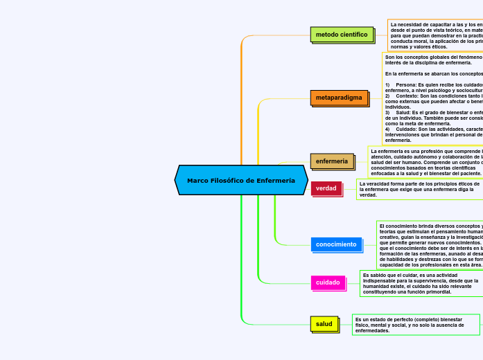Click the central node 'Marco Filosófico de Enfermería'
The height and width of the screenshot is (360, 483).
241,180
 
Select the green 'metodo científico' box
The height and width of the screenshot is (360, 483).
342,34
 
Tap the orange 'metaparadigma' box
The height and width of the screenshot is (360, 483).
339,98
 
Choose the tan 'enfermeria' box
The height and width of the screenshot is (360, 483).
332,161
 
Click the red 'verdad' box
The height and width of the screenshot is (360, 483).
326,188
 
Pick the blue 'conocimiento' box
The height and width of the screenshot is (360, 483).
336,244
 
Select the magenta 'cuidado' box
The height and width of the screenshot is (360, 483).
328,282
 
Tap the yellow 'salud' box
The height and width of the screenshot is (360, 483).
324,323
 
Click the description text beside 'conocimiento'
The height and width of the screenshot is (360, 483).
430,245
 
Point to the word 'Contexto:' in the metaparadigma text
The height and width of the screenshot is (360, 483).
409,96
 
